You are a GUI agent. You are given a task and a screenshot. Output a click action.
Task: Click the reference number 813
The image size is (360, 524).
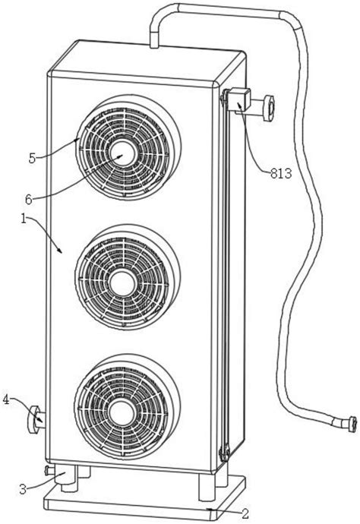point(281,173)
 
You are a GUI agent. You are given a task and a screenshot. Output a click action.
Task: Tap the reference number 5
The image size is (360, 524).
point(32,159)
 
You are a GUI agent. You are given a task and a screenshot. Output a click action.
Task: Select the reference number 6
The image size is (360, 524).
point(29,200)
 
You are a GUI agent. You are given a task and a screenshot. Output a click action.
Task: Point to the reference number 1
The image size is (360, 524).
point(24,219)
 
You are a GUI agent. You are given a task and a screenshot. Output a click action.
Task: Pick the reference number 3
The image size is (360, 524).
point(23,490)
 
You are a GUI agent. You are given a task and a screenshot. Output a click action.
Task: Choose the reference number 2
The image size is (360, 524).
point(245,514)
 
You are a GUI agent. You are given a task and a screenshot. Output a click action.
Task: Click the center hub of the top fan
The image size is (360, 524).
point(123,153)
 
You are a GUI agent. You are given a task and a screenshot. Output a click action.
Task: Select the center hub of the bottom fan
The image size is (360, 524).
point(122,414)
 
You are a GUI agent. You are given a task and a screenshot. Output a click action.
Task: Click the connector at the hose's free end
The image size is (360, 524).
point(352,424)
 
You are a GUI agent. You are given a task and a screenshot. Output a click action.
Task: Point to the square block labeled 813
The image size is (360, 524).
point(238,99)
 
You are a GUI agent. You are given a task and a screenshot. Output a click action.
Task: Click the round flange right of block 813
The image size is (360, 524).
point(268,108)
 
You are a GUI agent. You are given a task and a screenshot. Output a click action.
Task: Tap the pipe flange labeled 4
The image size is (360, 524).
point(33,418)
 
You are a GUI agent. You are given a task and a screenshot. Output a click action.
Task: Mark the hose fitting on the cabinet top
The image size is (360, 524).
point(154,39)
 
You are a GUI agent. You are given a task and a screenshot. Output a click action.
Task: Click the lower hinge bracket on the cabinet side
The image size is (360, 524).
point(225,452)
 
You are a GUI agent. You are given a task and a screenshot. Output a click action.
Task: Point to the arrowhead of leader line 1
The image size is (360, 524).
point(61,251)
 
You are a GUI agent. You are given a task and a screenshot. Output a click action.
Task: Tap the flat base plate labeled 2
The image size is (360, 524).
point(145,501)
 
